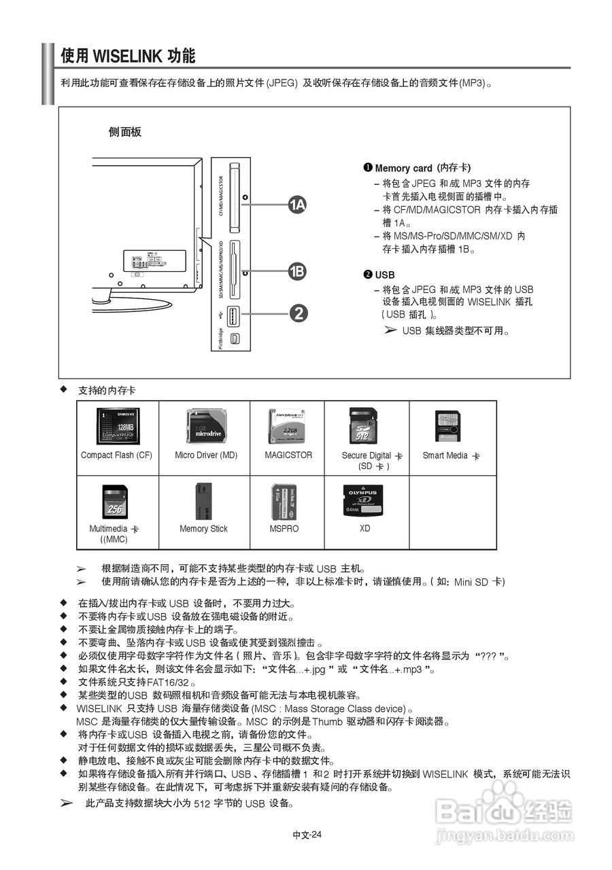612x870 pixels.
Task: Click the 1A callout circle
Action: point(297,205)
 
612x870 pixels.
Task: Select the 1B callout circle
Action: point(297,272)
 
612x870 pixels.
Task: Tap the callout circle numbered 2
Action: point(297,313)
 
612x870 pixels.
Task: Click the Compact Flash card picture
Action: point(118,426)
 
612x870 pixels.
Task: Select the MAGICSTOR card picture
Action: point(288,426)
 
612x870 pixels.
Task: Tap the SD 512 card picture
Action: point(362,426)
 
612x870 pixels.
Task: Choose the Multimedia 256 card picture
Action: point(115,502)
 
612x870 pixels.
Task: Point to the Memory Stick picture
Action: point(203,502)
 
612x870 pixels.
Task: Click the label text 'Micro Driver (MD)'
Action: point(206,455)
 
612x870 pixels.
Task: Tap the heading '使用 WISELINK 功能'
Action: point(128,56)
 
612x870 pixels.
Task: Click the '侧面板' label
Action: point(125,132)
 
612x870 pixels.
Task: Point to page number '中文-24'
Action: point(307,835)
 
